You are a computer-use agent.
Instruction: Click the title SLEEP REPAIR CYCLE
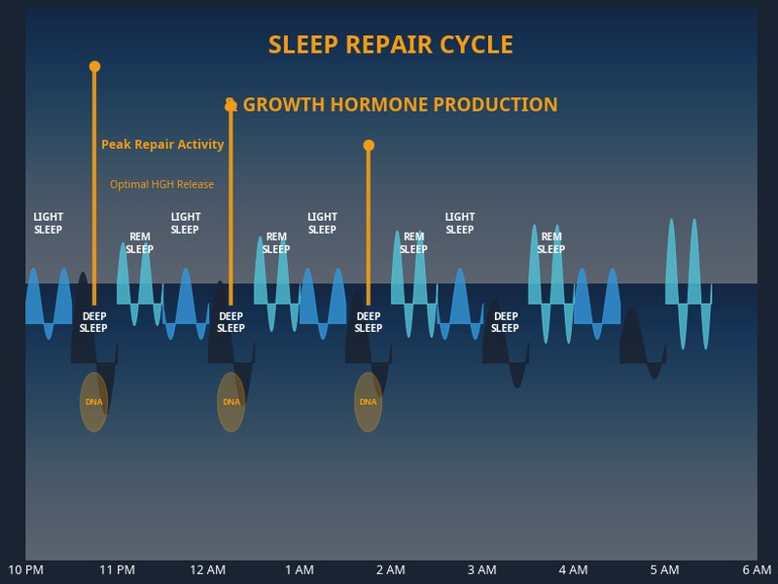pyautogui.click(x=390, y=45)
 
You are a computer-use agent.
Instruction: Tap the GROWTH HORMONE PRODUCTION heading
pyautogui.click(x=400, y=105)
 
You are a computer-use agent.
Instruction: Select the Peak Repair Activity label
pyautogui.click(x=162, y=145)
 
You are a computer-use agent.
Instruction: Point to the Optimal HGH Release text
pyautogui.click(x=161, y=185)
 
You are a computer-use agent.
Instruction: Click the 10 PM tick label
pyautogui.click(x=25, y=569)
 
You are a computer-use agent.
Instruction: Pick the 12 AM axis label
pyautogui.click(x=208, y=569)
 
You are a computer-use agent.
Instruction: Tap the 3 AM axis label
pyautogui.click(x=481, y=569)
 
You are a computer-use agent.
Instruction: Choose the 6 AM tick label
pyautogui.click(x=756, y=569)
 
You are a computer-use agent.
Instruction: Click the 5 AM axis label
pyautogui.click(x=664, y=569)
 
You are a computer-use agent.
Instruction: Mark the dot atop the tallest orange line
pyautogui.click(x=94, y=66)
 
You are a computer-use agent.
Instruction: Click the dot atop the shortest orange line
pyautogui.click(x=369, y=145)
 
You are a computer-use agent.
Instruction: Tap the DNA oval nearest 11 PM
pyautogui.click(x=93, y=402)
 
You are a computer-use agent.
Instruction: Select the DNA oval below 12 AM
pyautogui.click(x=230, y=402)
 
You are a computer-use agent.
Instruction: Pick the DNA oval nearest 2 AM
pyautogui.click(x=368, y=402)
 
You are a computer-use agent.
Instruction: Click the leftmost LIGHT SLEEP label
pyautogui.click(x=48, y=224)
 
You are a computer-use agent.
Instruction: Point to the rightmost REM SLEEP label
pyautogui.click(x=550, y=243)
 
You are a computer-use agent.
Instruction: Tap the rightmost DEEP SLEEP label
pyautogui.click(x=505, y=322)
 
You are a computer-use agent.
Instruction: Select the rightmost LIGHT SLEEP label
pyautogui.click(x=459, y=224)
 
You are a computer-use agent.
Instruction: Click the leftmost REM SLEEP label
pyautogui.click(x=139, y=243)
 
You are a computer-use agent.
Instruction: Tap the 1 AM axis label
pyautogui.click(x=300, y=569)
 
